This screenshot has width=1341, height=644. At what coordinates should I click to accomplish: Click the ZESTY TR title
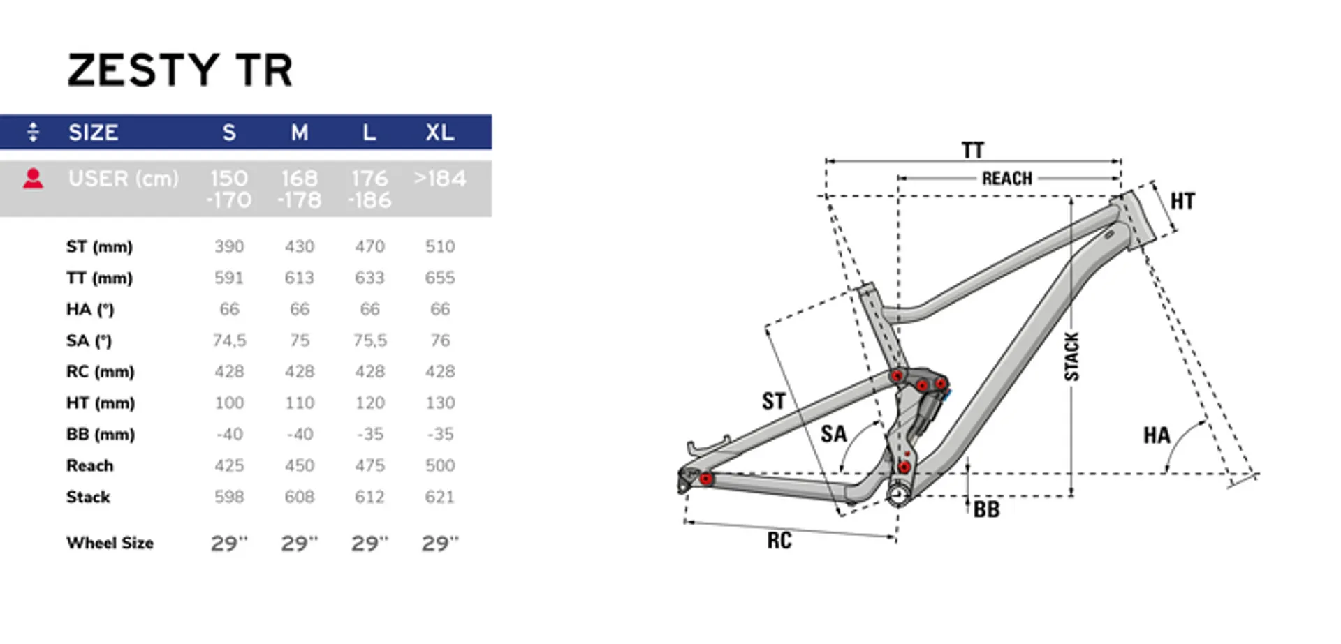(180, 70)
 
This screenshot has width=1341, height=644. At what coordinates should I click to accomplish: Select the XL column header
(440, 132)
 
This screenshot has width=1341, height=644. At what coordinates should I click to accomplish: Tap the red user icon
(33, 179)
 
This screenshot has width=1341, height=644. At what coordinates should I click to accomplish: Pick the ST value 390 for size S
(229, 246)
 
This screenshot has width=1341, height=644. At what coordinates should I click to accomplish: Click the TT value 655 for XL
(440, 278)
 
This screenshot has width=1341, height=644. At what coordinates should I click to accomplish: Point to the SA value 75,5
(369, 340)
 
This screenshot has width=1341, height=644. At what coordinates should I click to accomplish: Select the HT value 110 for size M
(300, 403)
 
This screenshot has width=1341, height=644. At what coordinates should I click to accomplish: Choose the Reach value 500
(440, 465)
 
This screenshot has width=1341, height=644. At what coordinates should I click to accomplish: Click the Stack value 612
(369, 497)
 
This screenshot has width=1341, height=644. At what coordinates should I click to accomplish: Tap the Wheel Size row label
(110, 543)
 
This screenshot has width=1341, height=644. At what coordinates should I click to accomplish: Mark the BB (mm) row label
(101, 434)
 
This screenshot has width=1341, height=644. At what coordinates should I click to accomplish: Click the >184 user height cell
(440, 179)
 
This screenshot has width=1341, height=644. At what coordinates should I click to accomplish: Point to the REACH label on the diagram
(1007, 179)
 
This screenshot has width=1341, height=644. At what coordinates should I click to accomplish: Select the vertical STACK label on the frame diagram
(1071, 357)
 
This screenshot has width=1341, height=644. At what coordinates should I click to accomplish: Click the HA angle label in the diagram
(1157, 435)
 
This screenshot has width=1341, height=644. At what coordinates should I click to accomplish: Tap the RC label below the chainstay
(779, 540)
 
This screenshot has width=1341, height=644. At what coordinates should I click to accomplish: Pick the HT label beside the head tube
(1182, 201)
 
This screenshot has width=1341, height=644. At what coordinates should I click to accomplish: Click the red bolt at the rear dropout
(706, 479)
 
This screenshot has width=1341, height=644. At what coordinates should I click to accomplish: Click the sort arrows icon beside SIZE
(33, 132)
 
